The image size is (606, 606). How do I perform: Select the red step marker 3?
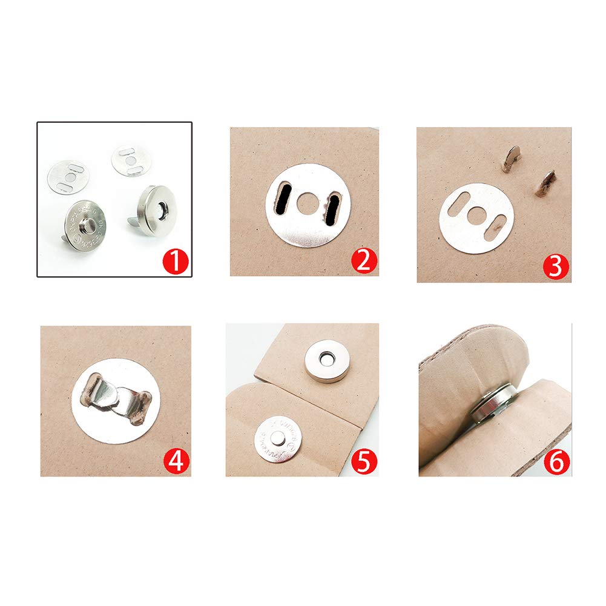(555, 266)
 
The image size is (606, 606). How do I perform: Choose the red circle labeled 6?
(555, 461)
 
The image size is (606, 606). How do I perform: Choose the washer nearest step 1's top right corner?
(131, 159)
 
